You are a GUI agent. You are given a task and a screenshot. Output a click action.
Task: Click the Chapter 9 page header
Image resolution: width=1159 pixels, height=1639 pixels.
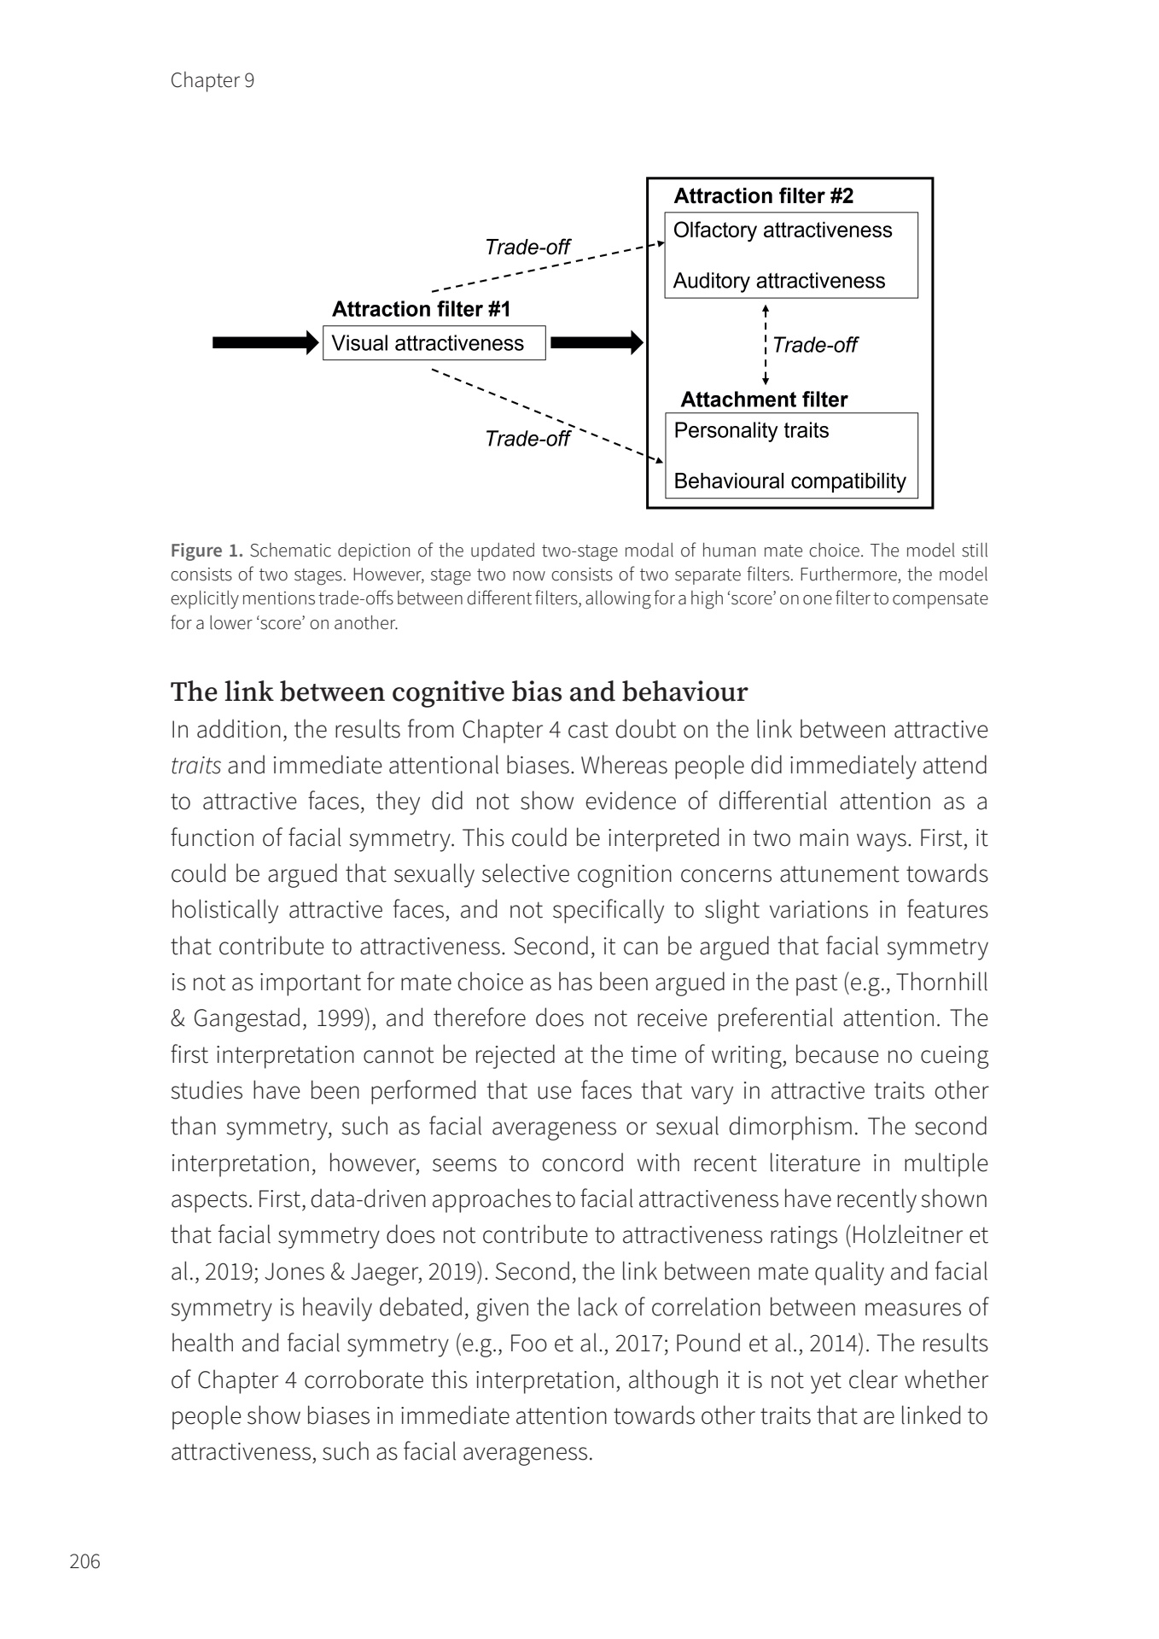(x=212, y=80)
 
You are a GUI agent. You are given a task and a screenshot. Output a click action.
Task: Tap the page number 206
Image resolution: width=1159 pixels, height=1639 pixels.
(x=84, y=1561)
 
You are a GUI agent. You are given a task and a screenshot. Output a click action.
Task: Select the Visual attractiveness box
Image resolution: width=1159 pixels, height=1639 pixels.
(x=434, y=343)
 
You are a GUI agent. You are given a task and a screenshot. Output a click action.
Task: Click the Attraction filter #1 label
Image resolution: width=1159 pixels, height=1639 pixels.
(x=421, y=309)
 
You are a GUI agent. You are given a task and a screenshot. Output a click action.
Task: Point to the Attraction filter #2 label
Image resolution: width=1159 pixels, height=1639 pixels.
(x=763, y=196)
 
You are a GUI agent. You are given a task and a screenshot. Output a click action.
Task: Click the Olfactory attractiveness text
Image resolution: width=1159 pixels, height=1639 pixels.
(x=782, y=230)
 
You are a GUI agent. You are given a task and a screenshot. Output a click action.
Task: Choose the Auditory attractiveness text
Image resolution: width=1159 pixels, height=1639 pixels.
(x=778, y=282)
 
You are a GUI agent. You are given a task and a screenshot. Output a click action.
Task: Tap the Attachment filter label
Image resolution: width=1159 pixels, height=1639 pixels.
(x=764, y=400)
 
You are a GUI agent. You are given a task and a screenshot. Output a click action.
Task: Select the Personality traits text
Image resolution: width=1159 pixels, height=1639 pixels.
(x=751, y=430)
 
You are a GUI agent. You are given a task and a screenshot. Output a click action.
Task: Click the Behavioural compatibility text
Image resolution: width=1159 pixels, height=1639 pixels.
(x=789, y=481)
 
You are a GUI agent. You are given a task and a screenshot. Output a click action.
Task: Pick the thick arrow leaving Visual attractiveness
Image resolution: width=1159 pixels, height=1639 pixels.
(x=596, y=343)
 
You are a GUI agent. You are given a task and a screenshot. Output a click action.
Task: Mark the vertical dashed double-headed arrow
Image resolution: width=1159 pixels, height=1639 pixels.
(x=766, y=345)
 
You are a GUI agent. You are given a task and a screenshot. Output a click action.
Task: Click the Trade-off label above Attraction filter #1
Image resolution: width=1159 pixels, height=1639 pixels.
(x=527, y=248)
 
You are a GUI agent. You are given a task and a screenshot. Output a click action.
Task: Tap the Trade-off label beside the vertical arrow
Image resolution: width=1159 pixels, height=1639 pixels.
(x=815, y=345)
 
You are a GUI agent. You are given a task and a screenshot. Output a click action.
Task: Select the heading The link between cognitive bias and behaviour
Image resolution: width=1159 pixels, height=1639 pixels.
(x=458, y=691)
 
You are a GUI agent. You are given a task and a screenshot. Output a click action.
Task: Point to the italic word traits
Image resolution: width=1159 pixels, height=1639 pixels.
(x=195, y=766)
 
